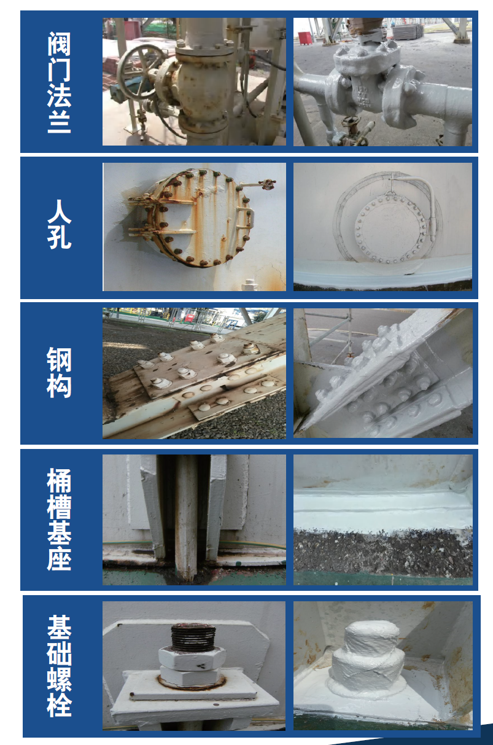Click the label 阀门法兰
tap(59, 82)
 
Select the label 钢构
tap(59, 372)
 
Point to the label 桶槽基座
tap(59, 519)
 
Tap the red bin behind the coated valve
tap(305, 38)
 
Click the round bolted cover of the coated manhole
tap(390, 228)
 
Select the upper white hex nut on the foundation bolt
tap(192, 658)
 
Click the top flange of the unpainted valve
tap(204, 50)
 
